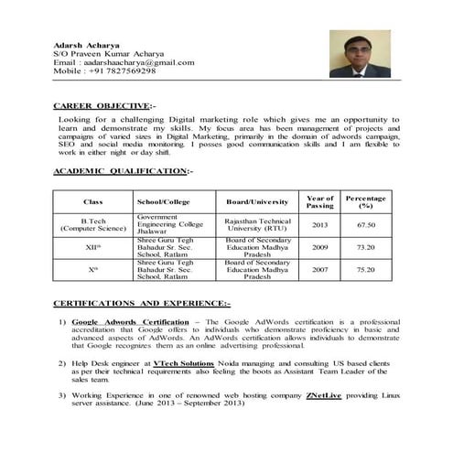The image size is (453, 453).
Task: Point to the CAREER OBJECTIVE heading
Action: point(103,106)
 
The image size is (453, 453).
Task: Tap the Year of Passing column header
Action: point(319,200)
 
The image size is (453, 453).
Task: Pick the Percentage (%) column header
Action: point(365,200)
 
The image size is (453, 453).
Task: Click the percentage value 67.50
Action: point(366,224)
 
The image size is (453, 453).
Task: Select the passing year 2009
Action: point(319,247)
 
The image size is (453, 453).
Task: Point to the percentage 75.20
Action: point(366,270)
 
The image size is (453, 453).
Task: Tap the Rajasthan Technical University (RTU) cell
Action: point(257,224)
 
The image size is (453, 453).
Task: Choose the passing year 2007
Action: point(319,270)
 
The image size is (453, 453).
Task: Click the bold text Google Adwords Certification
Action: point(130,323)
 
